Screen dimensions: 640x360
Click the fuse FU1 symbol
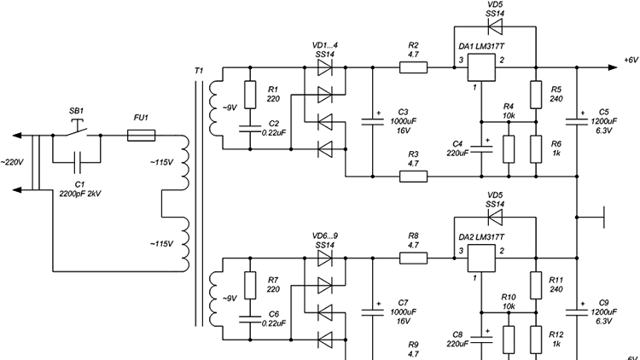[141, 136]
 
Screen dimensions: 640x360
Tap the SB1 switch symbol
[77, 130]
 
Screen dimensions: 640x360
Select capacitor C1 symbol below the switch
[77, 162]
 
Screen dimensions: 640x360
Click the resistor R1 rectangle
[250, 95]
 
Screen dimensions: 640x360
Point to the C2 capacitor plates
[250, 129]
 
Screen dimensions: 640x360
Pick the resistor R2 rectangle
[414, 67]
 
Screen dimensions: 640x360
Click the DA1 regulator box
[481, 67]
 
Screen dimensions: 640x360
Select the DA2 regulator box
[481, 258]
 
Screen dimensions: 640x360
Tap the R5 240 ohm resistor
[536, 95]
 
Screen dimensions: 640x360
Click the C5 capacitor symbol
[577, 121]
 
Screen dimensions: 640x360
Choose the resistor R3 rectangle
[414, 177]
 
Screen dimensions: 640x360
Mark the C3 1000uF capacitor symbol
[372, 121]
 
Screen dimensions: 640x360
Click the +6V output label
[631, 60]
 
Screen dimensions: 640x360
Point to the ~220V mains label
[12, 162]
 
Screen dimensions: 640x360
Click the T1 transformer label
[198, 71]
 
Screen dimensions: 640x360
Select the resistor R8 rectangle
[414, 258]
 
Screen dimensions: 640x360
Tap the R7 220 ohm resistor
[250, 285]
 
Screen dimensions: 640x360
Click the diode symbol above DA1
[495, 27]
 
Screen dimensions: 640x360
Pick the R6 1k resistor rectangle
[536, 149]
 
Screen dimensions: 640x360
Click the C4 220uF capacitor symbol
[481, 148]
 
